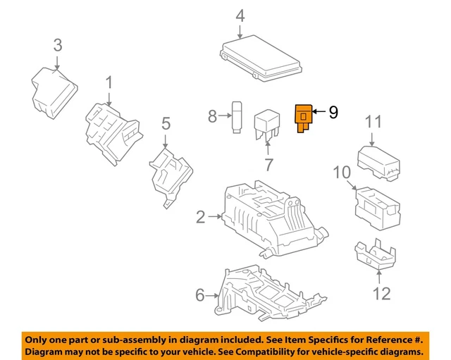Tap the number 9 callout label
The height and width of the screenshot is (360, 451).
coord(333,111)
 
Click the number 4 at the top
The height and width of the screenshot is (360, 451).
coord(240,15)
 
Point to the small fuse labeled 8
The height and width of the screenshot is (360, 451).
coord(237,116)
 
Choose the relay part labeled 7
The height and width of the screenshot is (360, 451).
coord(268,123)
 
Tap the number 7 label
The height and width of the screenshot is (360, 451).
coord(268,166)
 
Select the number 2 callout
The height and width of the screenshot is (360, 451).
coord(200,217)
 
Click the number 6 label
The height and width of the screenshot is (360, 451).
coord(199,296)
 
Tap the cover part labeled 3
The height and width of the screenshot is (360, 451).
coord(52,90)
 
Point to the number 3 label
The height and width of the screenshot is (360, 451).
coord(58,46)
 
